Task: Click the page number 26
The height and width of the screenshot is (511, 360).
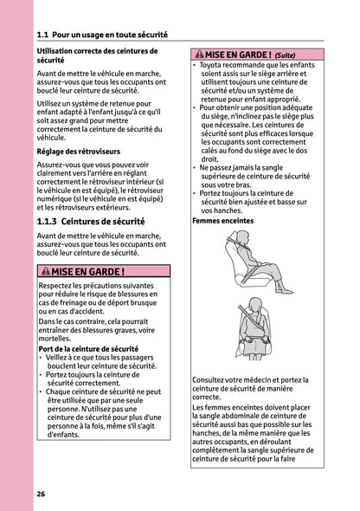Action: click(41, 493)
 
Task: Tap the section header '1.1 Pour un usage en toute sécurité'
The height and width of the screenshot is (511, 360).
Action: click(102, 36)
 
